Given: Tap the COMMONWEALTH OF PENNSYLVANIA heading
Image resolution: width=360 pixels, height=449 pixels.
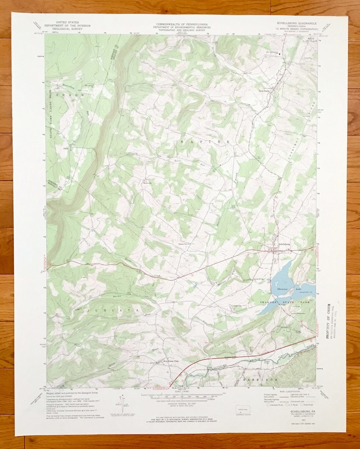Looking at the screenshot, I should tap(180, 23).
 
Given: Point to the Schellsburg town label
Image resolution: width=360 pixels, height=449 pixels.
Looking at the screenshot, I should tap(283, 244).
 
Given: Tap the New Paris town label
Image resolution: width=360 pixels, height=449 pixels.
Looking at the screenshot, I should tap(264, 90).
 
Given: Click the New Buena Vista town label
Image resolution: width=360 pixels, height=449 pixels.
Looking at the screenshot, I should tap(162, 361).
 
